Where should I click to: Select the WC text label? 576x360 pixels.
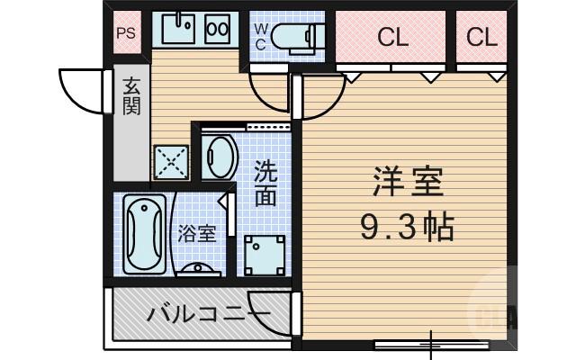click(x=260, y=35)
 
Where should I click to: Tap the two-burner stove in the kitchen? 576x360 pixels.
click(x=218, y=29)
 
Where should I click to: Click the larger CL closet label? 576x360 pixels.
click(x=392, y=38)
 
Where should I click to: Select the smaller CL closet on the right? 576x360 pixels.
click(x=481, y=38)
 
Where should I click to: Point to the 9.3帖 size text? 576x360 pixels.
click(x=407, y=226)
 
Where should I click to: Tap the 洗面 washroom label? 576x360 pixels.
click(x=265, y=182)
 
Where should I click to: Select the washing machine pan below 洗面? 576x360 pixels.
click(x=265, y=253)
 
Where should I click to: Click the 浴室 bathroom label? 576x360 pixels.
click(x=196, y=233)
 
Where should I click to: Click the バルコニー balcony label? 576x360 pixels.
click(x=207, y=315)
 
